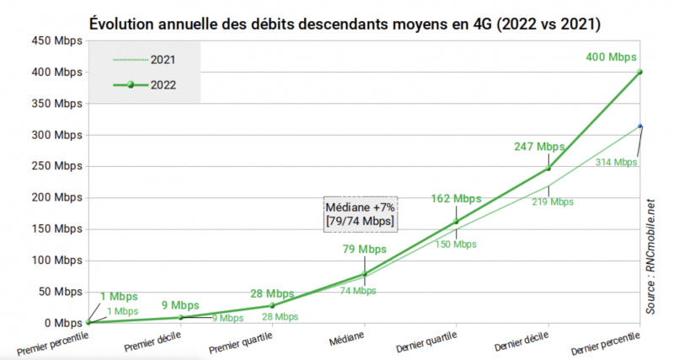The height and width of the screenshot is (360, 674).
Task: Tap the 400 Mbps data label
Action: [x=612, y=57]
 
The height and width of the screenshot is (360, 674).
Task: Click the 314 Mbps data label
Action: [x=615, y=162]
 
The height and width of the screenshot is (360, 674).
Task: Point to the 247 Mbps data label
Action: [x=539, y=147]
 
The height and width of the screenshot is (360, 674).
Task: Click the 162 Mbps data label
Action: [x=456, y=199]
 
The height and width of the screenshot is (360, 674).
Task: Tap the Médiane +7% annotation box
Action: [x=361, y=213]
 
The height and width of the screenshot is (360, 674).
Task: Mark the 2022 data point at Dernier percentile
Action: [x=640, y=72]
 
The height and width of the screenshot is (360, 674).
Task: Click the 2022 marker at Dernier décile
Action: [x=548, y=168]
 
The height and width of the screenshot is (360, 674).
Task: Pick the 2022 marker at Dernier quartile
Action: [x=457, y=222]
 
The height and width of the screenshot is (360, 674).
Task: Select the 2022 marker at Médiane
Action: [x=365, y=273]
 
